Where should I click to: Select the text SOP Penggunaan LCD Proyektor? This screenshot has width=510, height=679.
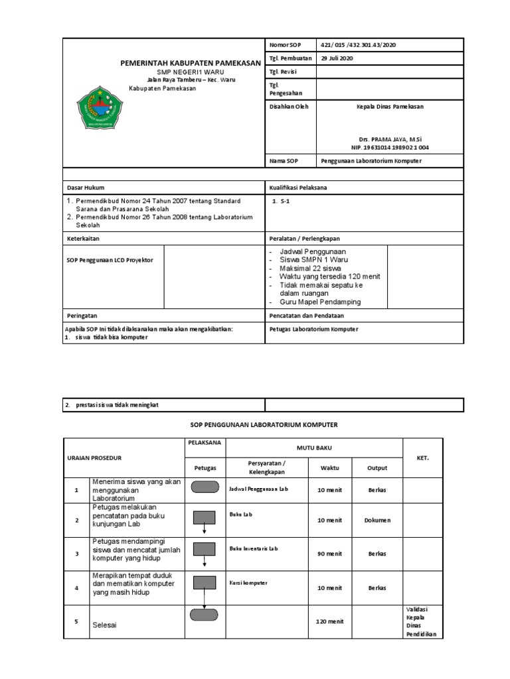click(110, 260)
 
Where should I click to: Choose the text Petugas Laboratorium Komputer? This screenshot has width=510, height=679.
click(313, 329)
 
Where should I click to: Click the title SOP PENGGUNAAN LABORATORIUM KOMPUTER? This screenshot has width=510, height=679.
click(256, 424)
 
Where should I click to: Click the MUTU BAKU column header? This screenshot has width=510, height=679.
click(314, 448)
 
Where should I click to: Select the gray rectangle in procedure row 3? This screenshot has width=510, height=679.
click(205, 550)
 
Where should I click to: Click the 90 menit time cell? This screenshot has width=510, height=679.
click(330, 553)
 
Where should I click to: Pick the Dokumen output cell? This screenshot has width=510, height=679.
click(377, 521)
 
